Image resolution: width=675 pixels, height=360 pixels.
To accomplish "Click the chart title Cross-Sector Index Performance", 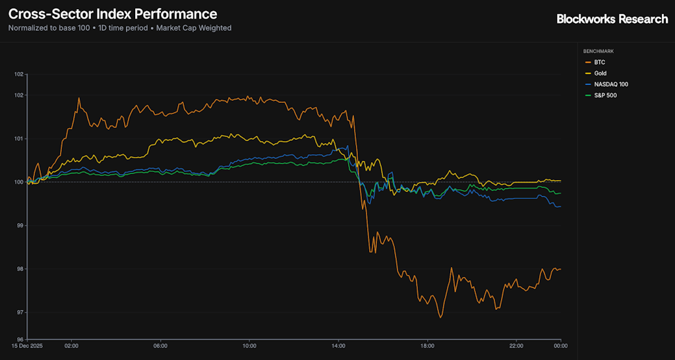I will pyautogui.click(x=113, y=14).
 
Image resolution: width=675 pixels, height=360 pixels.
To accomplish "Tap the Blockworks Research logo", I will pyautogui.click(x=612, y=19).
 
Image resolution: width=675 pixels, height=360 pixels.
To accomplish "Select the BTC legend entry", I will pyautogui.click(x=599, y=62).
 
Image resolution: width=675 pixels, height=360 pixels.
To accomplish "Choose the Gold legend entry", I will pyautogui.click(x=600, y=73).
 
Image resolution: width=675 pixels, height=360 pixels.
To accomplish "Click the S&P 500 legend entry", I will pyautogui.click(x=605, y=96).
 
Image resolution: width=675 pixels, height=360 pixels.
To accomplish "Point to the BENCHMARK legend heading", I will pyautogui.click(x=598, y=51).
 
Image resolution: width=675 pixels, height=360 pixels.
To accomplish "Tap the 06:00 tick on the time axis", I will pyautogui.click(x=160, y=345).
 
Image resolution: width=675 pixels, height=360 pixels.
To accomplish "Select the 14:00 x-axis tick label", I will pyautogui.click(x=338, y=345).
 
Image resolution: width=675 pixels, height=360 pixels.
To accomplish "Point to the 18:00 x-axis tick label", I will pyautogui.click(x=427, y=345).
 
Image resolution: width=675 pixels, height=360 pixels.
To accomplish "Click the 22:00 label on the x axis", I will pyautogui.click(x=516, y=345).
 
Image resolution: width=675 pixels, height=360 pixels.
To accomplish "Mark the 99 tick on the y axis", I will pyautogui.click(x=20, y=225).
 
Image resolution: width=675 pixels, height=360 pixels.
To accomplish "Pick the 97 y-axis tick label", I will pyautogui.click(x=20, y=312).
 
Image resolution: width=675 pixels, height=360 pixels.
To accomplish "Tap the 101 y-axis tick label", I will pyautogui.click(x=19, y=138).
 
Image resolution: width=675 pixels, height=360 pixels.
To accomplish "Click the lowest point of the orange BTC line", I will pyautogui.click(x=440, y=317).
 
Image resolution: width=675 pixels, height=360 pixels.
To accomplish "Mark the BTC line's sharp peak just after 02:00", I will pyautogui.click(x=79, y=98).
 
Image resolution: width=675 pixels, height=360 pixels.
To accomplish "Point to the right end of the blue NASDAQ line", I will pyautogui.click(x=560, y=206).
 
